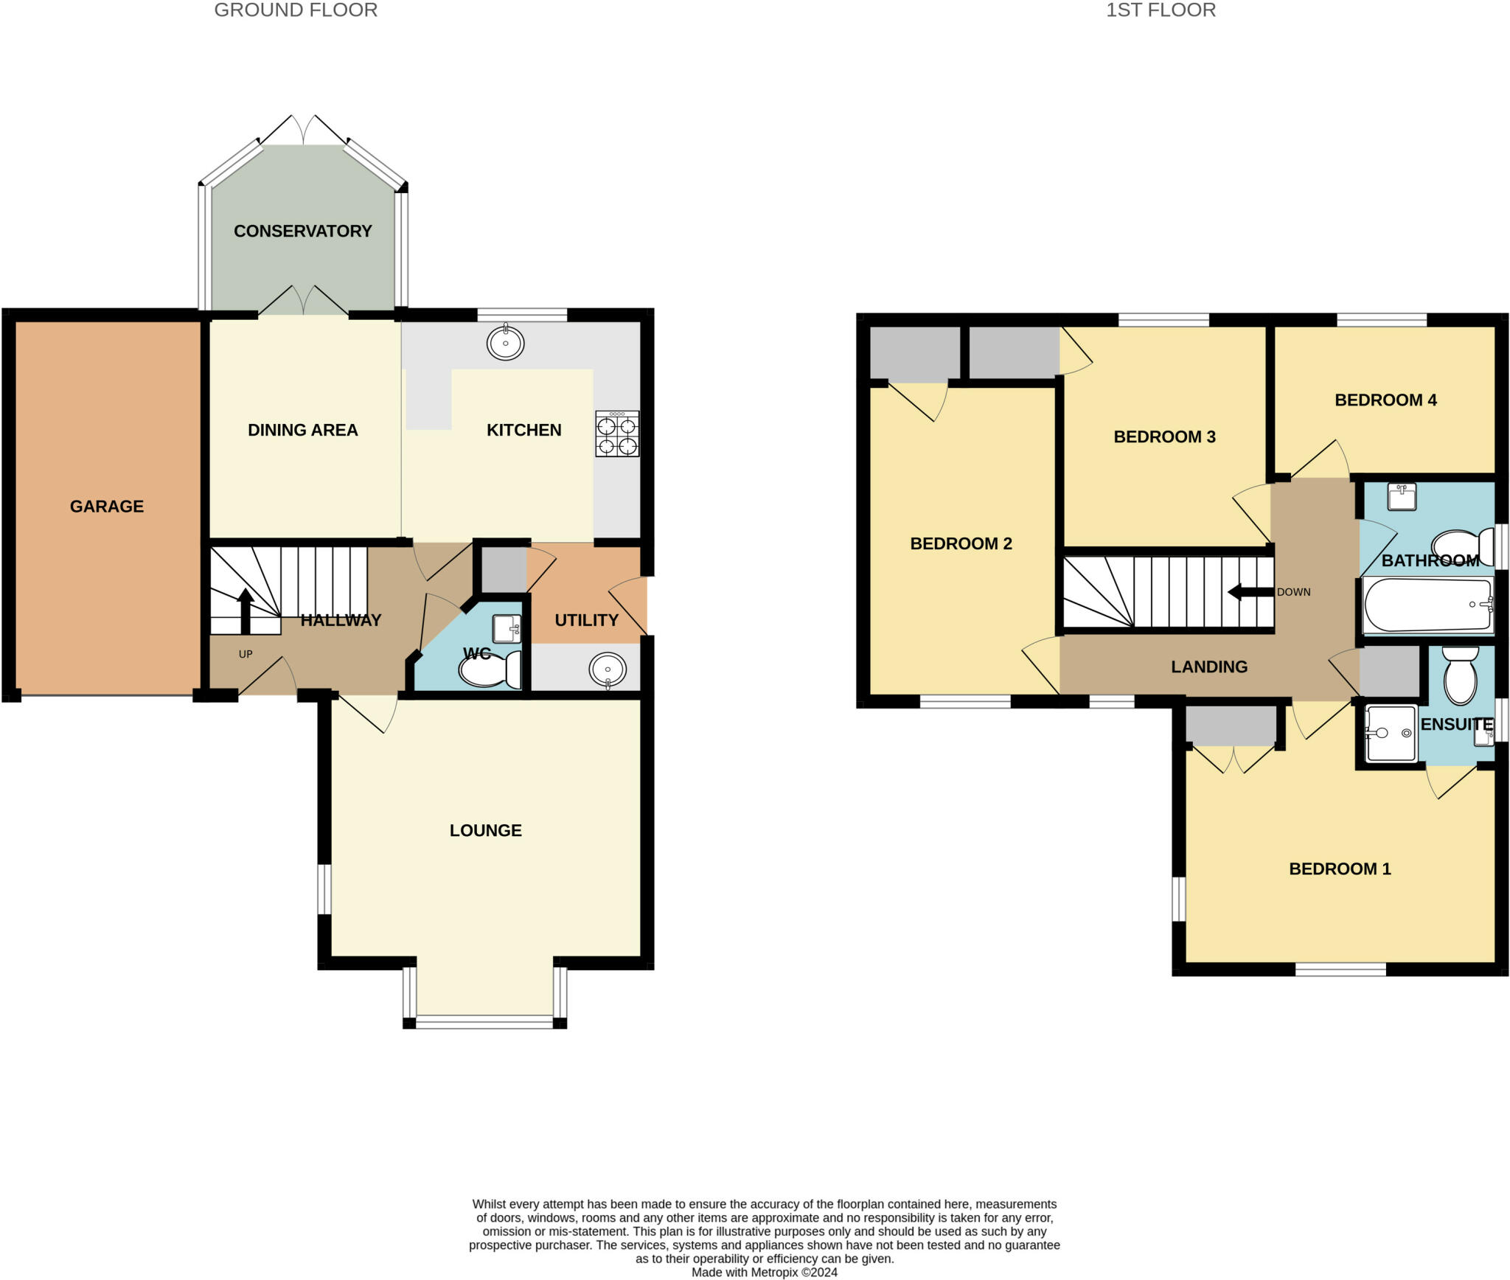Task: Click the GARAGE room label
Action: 107,507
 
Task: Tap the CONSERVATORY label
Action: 303,231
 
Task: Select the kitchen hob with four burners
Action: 618,434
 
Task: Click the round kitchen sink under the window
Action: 506,342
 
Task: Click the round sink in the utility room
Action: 608,670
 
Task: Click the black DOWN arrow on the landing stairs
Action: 1250,592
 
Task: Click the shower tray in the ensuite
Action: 1391,733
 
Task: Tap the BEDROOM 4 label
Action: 1386,400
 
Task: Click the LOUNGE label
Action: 486,830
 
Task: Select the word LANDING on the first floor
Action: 1209,667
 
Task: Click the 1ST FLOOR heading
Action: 1161,10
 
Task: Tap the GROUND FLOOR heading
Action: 296,10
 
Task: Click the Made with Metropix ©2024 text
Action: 765,1272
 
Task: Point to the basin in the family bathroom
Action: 1402,496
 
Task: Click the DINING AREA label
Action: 303,430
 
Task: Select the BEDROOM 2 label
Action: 961,544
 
